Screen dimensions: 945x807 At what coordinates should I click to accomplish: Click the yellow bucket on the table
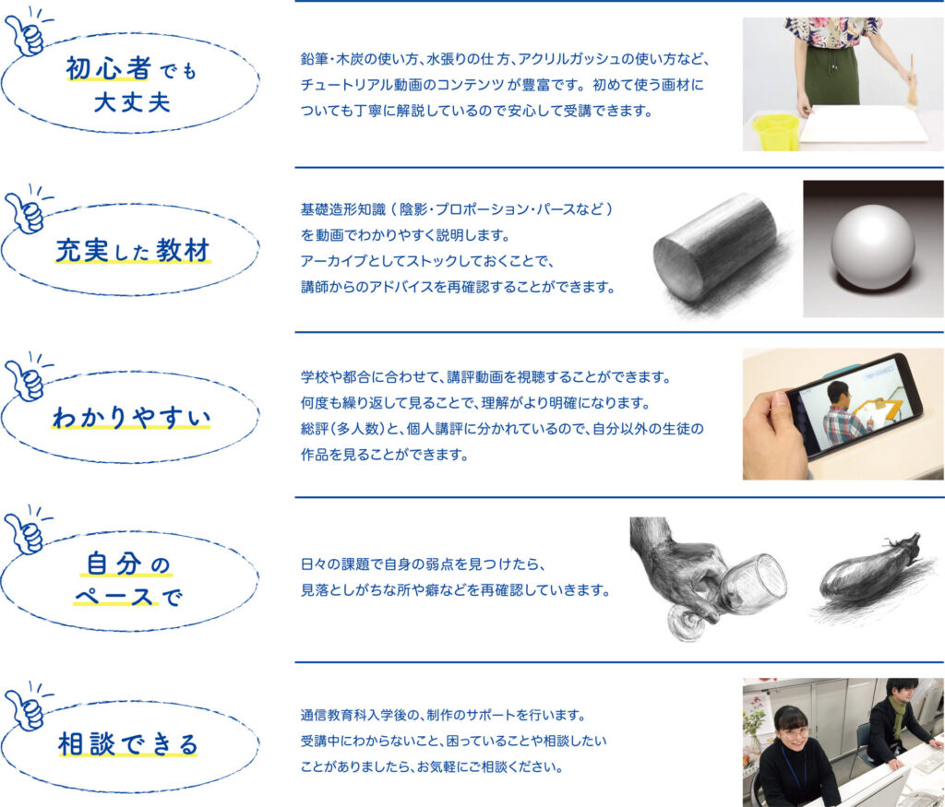pos(775,131)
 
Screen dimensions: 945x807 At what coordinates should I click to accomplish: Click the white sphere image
pos(873,248)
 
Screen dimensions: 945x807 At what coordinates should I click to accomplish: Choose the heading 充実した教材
pos(133,251)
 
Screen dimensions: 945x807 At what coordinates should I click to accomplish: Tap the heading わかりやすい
pos(132,418)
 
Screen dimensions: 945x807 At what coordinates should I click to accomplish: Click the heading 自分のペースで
pos(127,580)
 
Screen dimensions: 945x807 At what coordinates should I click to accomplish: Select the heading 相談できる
pos(127,744)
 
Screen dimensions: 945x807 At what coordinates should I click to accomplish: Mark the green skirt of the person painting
pos(832,72)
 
